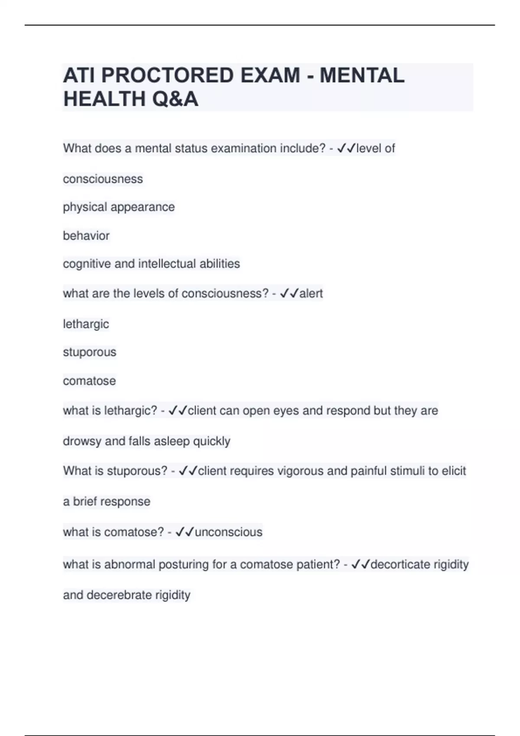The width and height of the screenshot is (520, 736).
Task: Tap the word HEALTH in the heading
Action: point(104,99)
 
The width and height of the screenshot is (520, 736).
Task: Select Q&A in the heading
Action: point(175,99)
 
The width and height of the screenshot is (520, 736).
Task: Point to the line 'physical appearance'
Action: point(119,207)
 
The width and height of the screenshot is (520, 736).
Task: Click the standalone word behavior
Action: point(86,236)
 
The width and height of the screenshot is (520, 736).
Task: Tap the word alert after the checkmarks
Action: point(311,294)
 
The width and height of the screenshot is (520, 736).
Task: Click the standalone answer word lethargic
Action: point(86,324)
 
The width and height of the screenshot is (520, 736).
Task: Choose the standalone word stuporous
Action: point(90,352)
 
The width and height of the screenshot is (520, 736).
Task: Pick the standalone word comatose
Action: point(89,381)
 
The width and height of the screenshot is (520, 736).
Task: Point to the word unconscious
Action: point(228,532)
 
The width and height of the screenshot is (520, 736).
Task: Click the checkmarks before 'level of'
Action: point(346,148)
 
